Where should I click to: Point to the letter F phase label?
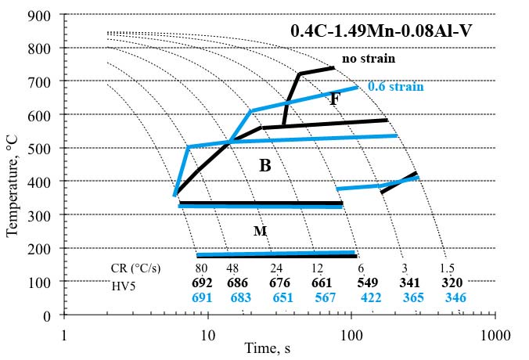tap(335, 99)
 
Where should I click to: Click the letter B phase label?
tap(265, 165)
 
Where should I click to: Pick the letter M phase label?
tap(261, 231)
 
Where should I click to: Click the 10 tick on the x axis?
tap(208, 335)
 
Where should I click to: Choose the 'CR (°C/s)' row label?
tap(136, 268)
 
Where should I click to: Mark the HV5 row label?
tap(124, 283)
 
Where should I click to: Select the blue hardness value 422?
tap(372, 298)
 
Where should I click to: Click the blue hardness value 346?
tap(455, 298)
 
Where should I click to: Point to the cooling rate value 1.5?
tap(448, 268)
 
